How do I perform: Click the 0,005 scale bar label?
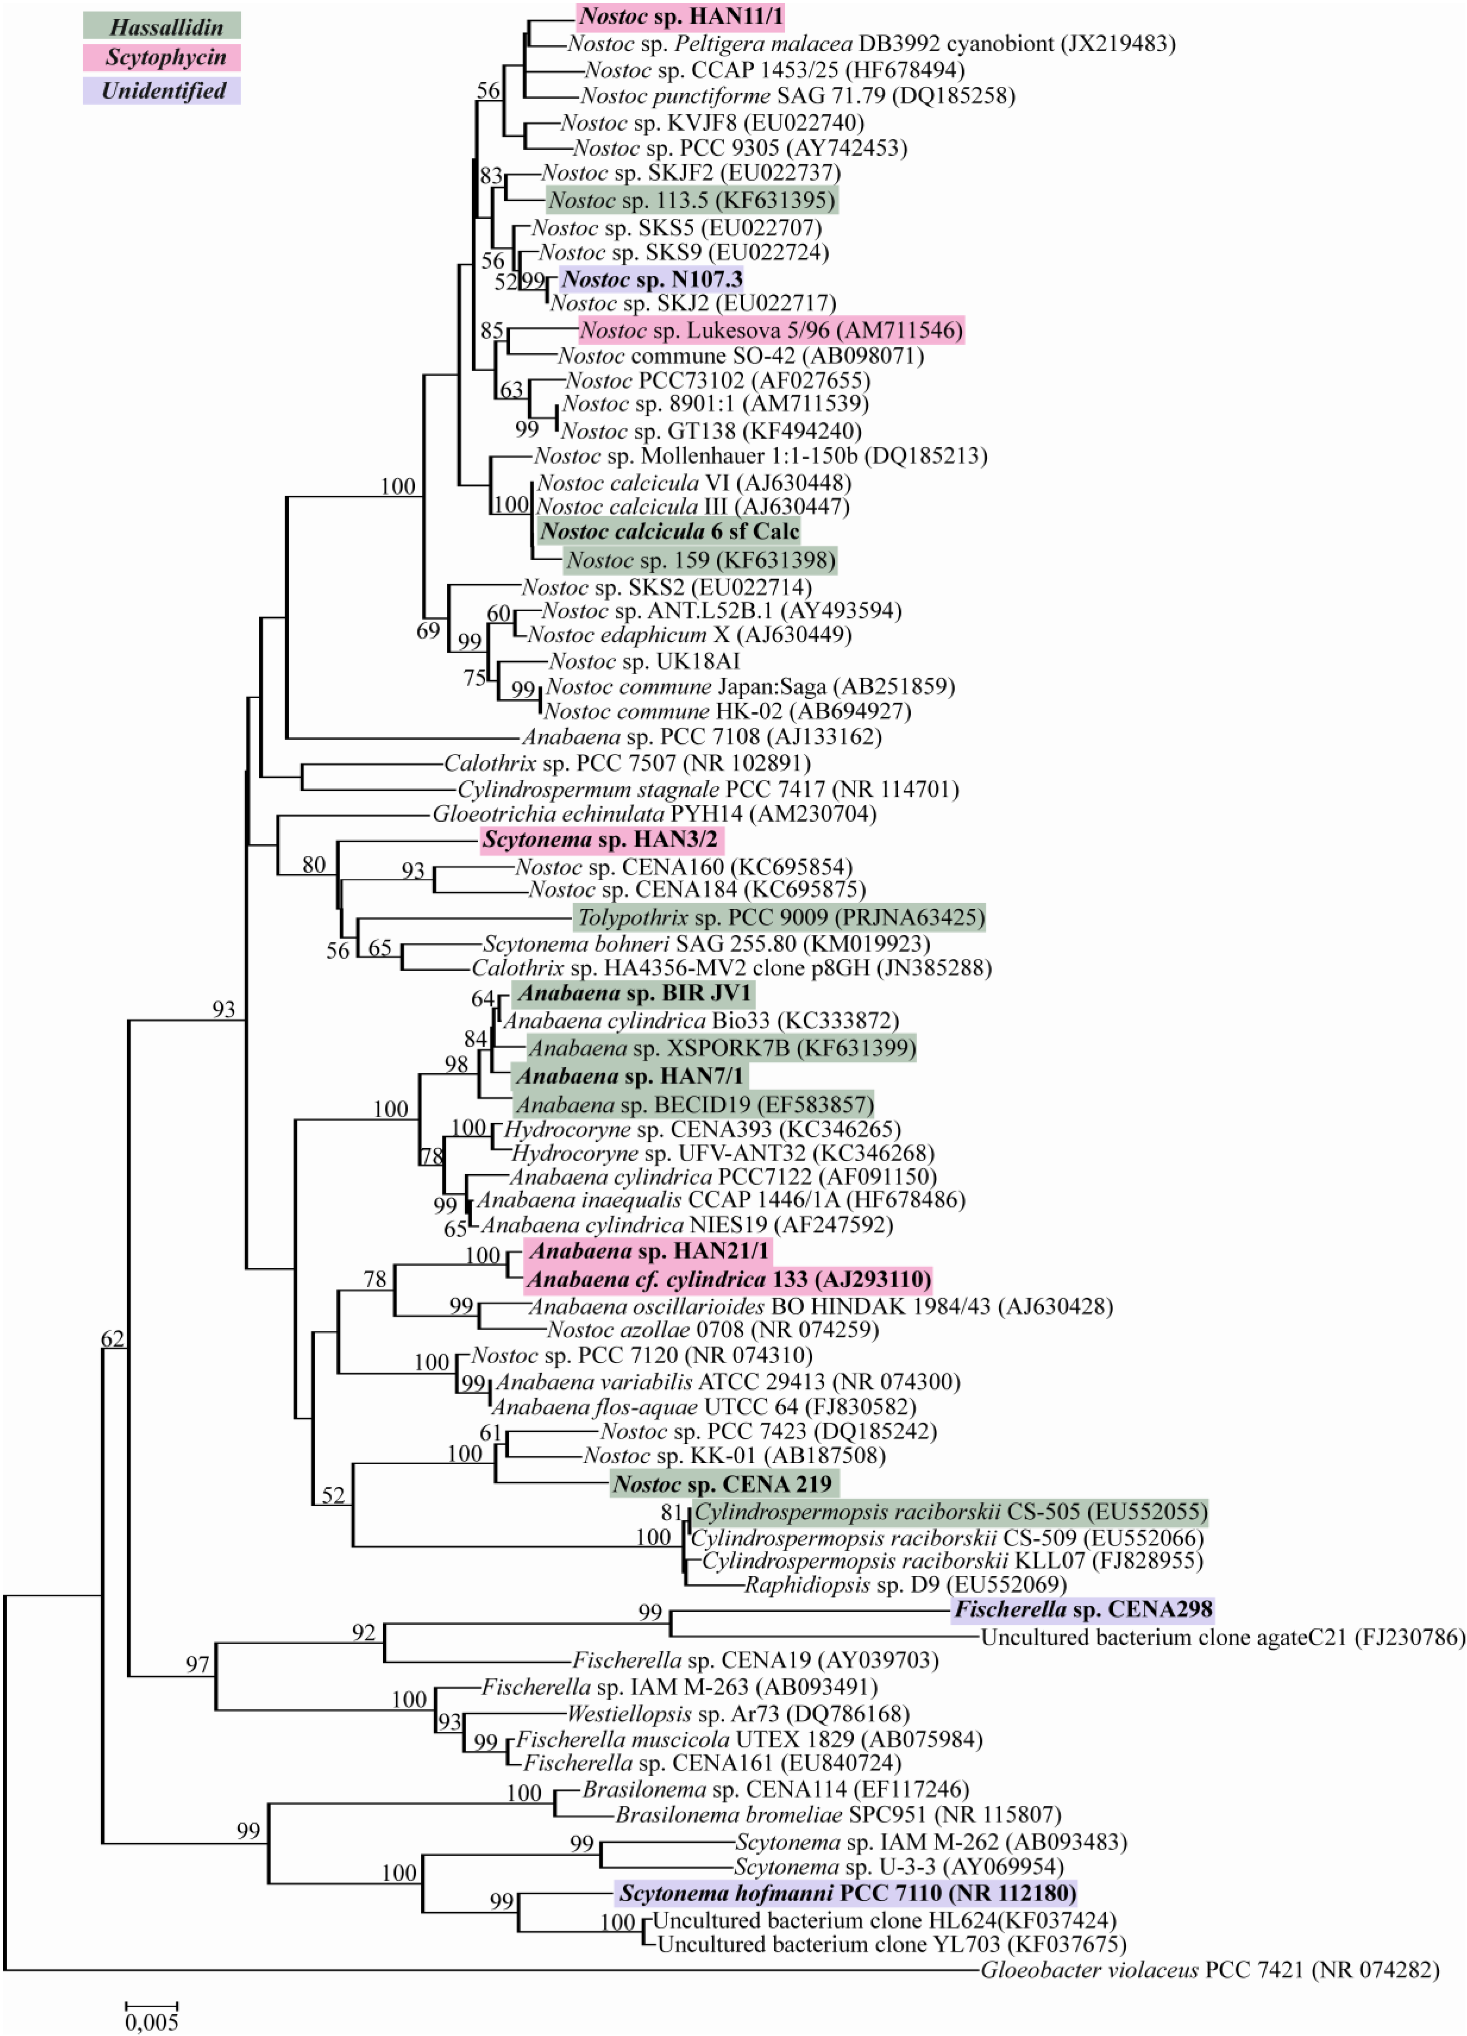pyautogui.click(x=152, y=2022)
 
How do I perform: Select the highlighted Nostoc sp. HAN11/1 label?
pyautogui.click(x=681, y=16)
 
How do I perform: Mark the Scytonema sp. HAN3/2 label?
pyautogui.click(x=601, y=840)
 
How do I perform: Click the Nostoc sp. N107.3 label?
pyautogui.click(x=652, y=279)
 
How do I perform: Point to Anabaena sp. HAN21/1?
pyautogui.click(x=648, y=1252)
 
